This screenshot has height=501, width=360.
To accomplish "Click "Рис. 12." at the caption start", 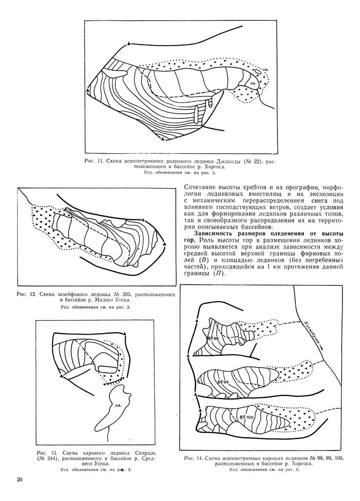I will coord(27,293).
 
